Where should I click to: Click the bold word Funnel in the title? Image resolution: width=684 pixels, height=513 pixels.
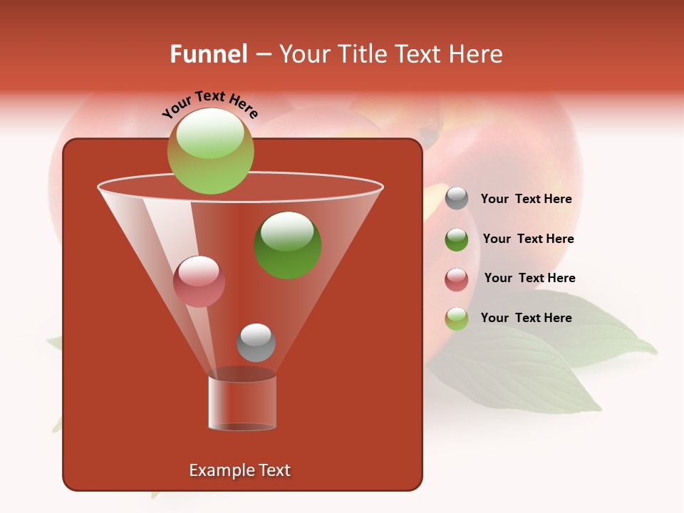click(209, 54)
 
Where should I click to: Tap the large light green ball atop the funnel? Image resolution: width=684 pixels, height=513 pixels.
click(211, 150)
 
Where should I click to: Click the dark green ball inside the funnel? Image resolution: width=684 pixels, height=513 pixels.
click(288, 244)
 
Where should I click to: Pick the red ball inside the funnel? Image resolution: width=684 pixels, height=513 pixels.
click(199, 281)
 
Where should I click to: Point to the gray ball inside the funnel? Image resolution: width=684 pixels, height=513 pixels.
click(256, 343)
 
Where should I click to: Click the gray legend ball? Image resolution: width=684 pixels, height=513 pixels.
click(457, 198)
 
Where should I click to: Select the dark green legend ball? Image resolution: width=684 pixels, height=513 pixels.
click(457, 239)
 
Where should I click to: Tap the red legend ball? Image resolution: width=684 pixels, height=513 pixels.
click(457, 279)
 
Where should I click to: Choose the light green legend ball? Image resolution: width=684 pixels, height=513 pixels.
click(457, 318)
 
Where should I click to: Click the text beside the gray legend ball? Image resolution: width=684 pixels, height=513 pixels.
click(526, 199)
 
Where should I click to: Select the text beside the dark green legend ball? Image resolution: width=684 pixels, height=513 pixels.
click(528, 239)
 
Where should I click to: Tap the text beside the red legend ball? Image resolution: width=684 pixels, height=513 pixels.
click(529, 278)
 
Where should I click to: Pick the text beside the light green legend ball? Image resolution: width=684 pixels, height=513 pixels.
click(526, 318)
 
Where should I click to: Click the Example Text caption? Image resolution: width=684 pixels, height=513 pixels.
click(239, 470)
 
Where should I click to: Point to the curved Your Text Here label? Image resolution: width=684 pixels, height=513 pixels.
click(209, 104)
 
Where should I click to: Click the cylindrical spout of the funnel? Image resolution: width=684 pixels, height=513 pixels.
click(242, 403)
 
